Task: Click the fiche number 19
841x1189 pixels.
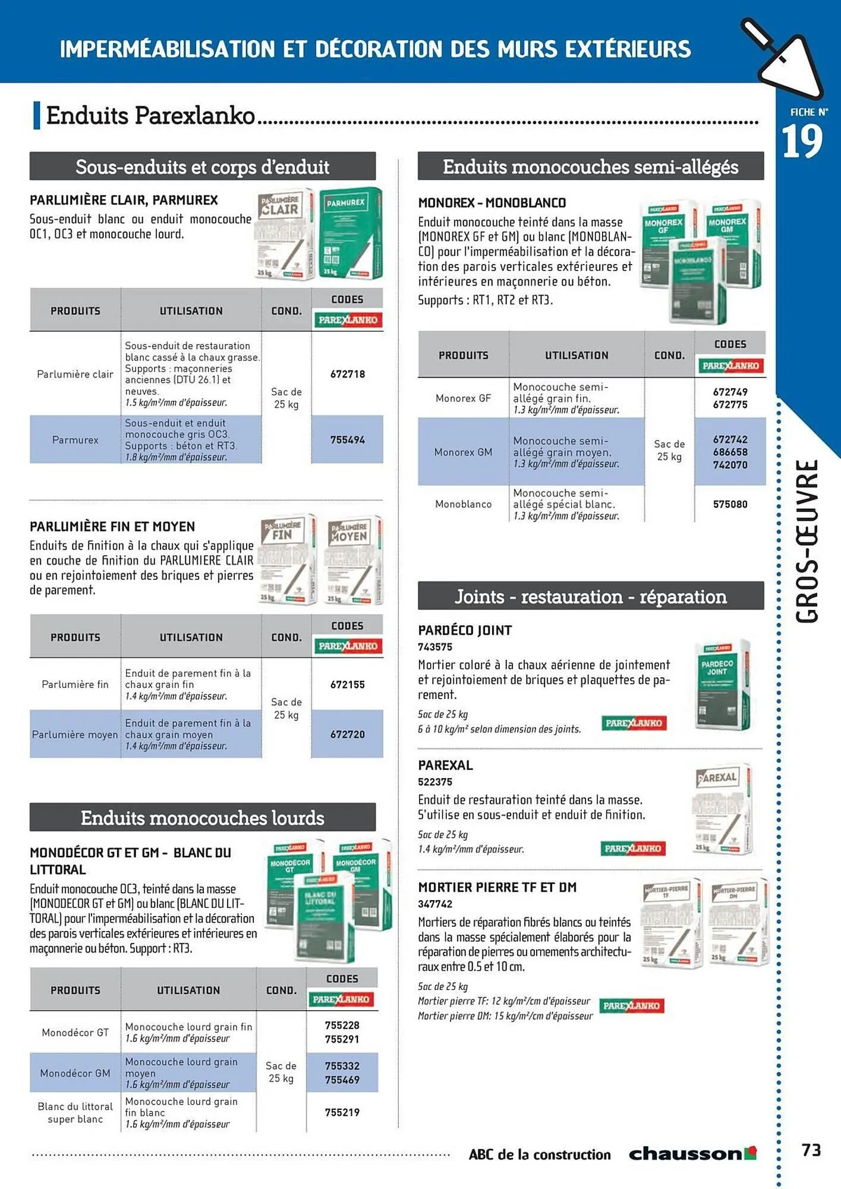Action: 802,141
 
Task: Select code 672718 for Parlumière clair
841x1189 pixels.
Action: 348,374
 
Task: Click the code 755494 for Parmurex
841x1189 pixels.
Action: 348,440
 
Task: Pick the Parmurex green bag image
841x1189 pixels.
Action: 351,233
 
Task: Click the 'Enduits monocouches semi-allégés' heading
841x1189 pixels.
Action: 590,167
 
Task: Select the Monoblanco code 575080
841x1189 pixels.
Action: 730,504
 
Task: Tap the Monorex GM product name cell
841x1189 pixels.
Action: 463,452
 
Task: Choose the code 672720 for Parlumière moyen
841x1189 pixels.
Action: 348,734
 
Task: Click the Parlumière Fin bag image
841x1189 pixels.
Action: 288,559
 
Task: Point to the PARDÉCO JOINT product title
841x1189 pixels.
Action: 465,630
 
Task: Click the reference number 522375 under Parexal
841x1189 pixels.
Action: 435,782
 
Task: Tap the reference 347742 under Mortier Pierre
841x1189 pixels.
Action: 435,904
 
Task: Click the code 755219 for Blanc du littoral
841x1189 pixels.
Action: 342,1112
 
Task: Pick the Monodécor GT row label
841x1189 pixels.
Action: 75,1033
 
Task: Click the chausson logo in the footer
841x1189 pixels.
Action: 692,1154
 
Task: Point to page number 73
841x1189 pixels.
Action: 811,1150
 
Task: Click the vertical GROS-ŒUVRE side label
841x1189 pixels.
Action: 807,541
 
